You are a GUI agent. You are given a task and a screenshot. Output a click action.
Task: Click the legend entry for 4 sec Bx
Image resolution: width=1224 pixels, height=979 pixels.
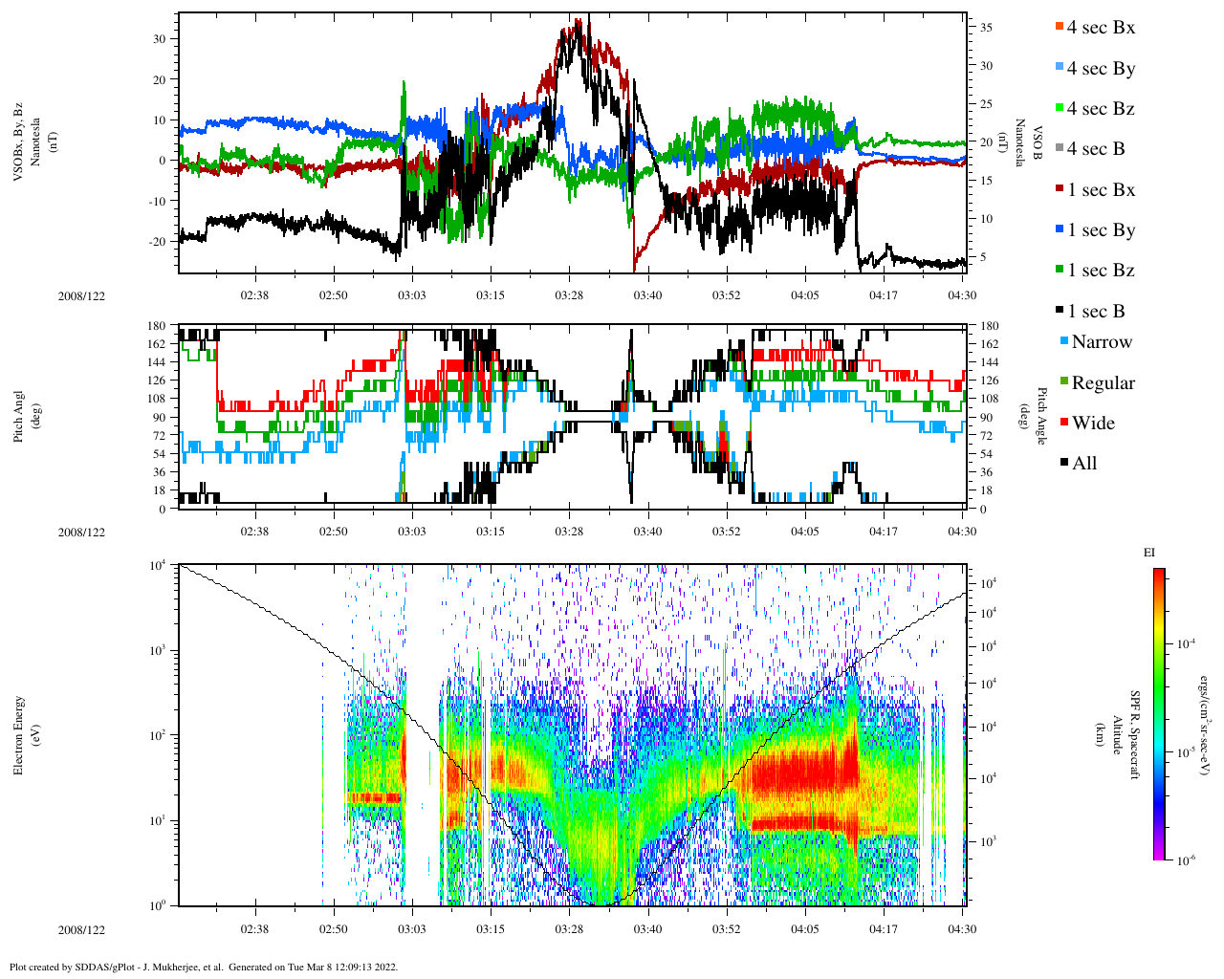1100,28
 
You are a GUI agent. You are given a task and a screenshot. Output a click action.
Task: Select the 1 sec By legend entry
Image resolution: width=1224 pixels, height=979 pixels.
1101,230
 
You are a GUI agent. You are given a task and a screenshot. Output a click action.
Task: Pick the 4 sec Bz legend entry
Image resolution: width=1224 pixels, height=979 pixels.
1100,109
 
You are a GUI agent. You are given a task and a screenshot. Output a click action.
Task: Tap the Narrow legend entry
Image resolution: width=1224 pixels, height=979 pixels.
1101,342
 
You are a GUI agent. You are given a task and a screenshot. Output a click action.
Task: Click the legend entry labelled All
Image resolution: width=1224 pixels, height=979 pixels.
1083,464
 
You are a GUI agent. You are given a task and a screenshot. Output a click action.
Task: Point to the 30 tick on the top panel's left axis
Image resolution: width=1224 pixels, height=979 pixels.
159,39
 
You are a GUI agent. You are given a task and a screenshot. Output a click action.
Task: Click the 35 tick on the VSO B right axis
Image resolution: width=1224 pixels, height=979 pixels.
986,29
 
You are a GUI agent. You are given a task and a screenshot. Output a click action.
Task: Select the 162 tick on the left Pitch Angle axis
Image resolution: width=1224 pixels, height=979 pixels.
155,344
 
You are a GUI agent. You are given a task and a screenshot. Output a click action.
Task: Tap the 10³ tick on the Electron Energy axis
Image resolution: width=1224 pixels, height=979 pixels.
158,650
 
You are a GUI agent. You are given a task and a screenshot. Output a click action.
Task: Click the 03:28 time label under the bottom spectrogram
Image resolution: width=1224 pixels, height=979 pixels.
569,929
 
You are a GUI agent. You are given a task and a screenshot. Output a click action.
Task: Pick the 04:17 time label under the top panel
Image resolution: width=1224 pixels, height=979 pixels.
883,295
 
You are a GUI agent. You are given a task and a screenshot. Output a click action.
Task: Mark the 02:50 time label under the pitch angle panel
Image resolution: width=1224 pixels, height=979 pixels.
334,532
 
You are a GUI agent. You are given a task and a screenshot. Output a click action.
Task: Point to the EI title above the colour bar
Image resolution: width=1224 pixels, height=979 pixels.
1149,553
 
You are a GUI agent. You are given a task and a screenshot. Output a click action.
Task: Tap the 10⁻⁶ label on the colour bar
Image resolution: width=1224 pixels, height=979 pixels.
1184,860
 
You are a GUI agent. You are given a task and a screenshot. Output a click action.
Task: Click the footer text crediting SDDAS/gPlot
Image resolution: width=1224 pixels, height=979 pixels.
203,967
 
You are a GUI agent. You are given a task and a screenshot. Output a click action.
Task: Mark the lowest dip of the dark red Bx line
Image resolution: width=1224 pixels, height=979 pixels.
634,270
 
